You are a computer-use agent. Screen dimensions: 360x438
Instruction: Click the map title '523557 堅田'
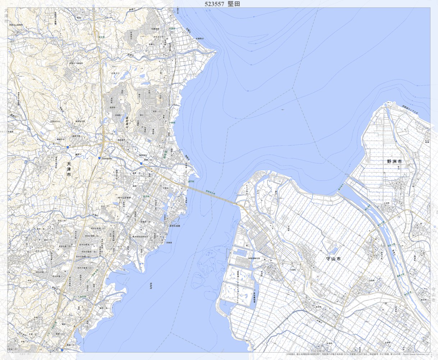click(x=222, y=4)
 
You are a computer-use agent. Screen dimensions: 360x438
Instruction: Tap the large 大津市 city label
click(x=69, y=169)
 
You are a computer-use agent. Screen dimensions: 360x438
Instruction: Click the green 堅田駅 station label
click(x=146, y=197)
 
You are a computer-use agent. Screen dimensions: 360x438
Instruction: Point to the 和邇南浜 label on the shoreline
click(x=200, y=38)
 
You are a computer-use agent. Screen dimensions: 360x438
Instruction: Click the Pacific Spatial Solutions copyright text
click(x=414, y=355)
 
